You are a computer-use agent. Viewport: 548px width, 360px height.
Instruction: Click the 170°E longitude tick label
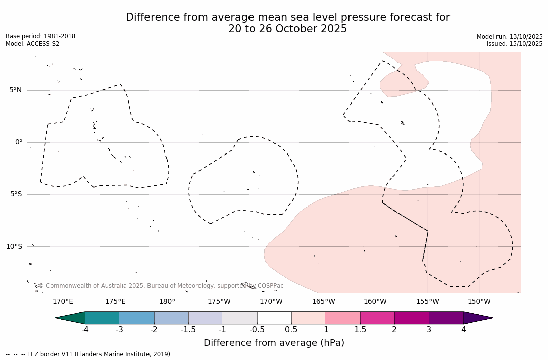coord(63,302)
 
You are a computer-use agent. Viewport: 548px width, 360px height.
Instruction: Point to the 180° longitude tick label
coord(167,302)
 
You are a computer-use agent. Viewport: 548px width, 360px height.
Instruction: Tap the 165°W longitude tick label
coord(323,302)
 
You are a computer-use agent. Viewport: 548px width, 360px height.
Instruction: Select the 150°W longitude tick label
coord(479,302)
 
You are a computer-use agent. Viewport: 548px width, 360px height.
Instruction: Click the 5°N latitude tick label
coord(15,90)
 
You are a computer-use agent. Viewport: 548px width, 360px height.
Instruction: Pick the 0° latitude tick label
coord(19,142)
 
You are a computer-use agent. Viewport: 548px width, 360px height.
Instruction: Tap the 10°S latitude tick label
coord(14,246)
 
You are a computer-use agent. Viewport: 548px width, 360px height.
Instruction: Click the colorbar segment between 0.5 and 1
coord(309,318)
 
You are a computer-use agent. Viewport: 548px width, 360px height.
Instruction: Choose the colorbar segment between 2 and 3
coord(412,318)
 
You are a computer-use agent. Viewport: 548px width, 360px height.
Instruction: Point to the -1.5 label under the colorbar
coord(188,330)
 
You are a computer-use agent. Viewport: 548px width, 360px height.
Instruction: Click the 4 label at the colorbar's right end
coord(463,330)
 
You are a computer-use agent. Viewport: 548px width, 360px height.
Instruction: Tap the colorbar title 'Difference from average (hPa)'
coord(274,343)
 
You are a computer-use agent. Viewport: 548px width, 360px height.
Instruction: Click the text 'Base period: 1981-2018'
coord(40,36)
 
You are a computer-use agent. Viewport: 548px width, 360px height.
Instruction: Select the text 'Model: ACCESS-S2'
coord(32,44)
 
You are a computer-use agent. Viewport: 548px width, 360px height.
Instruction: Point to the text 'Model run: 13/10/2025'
coord(510,37)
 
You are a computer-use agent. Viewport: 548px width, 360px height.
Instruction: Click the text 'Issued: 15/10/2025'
coord(515,44)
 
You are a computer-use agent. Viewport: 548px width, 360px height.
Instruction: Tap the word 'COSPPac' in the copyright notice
coord(270,286)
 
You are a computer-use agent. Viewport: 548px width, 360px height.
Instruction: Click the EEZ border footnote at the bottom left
coord(89,354)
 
